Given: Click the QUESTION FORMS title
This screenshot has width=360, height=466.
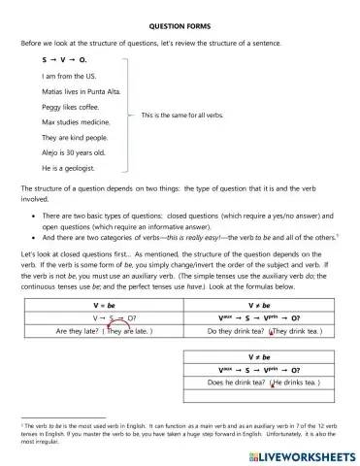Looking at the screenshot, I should [x=180, y=28].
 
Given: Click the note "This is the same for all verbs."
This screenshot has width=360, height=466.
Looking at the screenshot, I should [x=181, y=115].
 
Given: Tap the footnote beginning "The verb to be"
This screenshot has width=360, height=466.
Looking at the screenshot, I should [x=180, y=427].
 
